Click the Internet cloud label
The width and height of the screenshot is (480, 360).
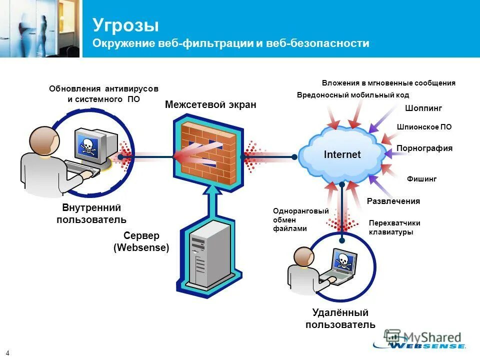pos(342,154)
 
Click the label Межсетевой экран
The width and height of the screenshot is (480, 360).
pos(210,105)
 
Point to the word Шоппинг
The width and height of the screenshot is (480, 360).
pos(423,108)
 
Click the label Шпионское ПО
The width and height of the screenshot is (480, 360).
pos(424,127)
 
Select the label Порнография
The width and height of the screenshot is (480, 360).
pos(424,148)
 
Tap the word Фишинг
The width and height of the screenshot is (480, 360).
pos(422,178)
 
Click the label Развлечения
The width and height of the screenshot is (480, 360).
pos(393,201)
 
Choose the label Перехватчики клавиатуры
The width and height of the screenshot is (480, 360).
pos(394,227)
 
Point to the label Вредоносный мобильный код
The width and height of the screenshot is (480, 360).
pos(353,95)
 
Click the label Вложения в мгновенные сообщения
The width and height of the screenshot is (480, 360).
pos(388,83)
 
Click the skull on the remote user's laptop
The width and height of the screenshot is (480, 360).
pos(342,261)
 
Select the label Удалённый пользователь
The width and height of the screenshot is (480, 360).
pos(340,319)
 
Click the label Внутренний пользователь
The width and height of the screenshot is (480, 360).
pos(91,213)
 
